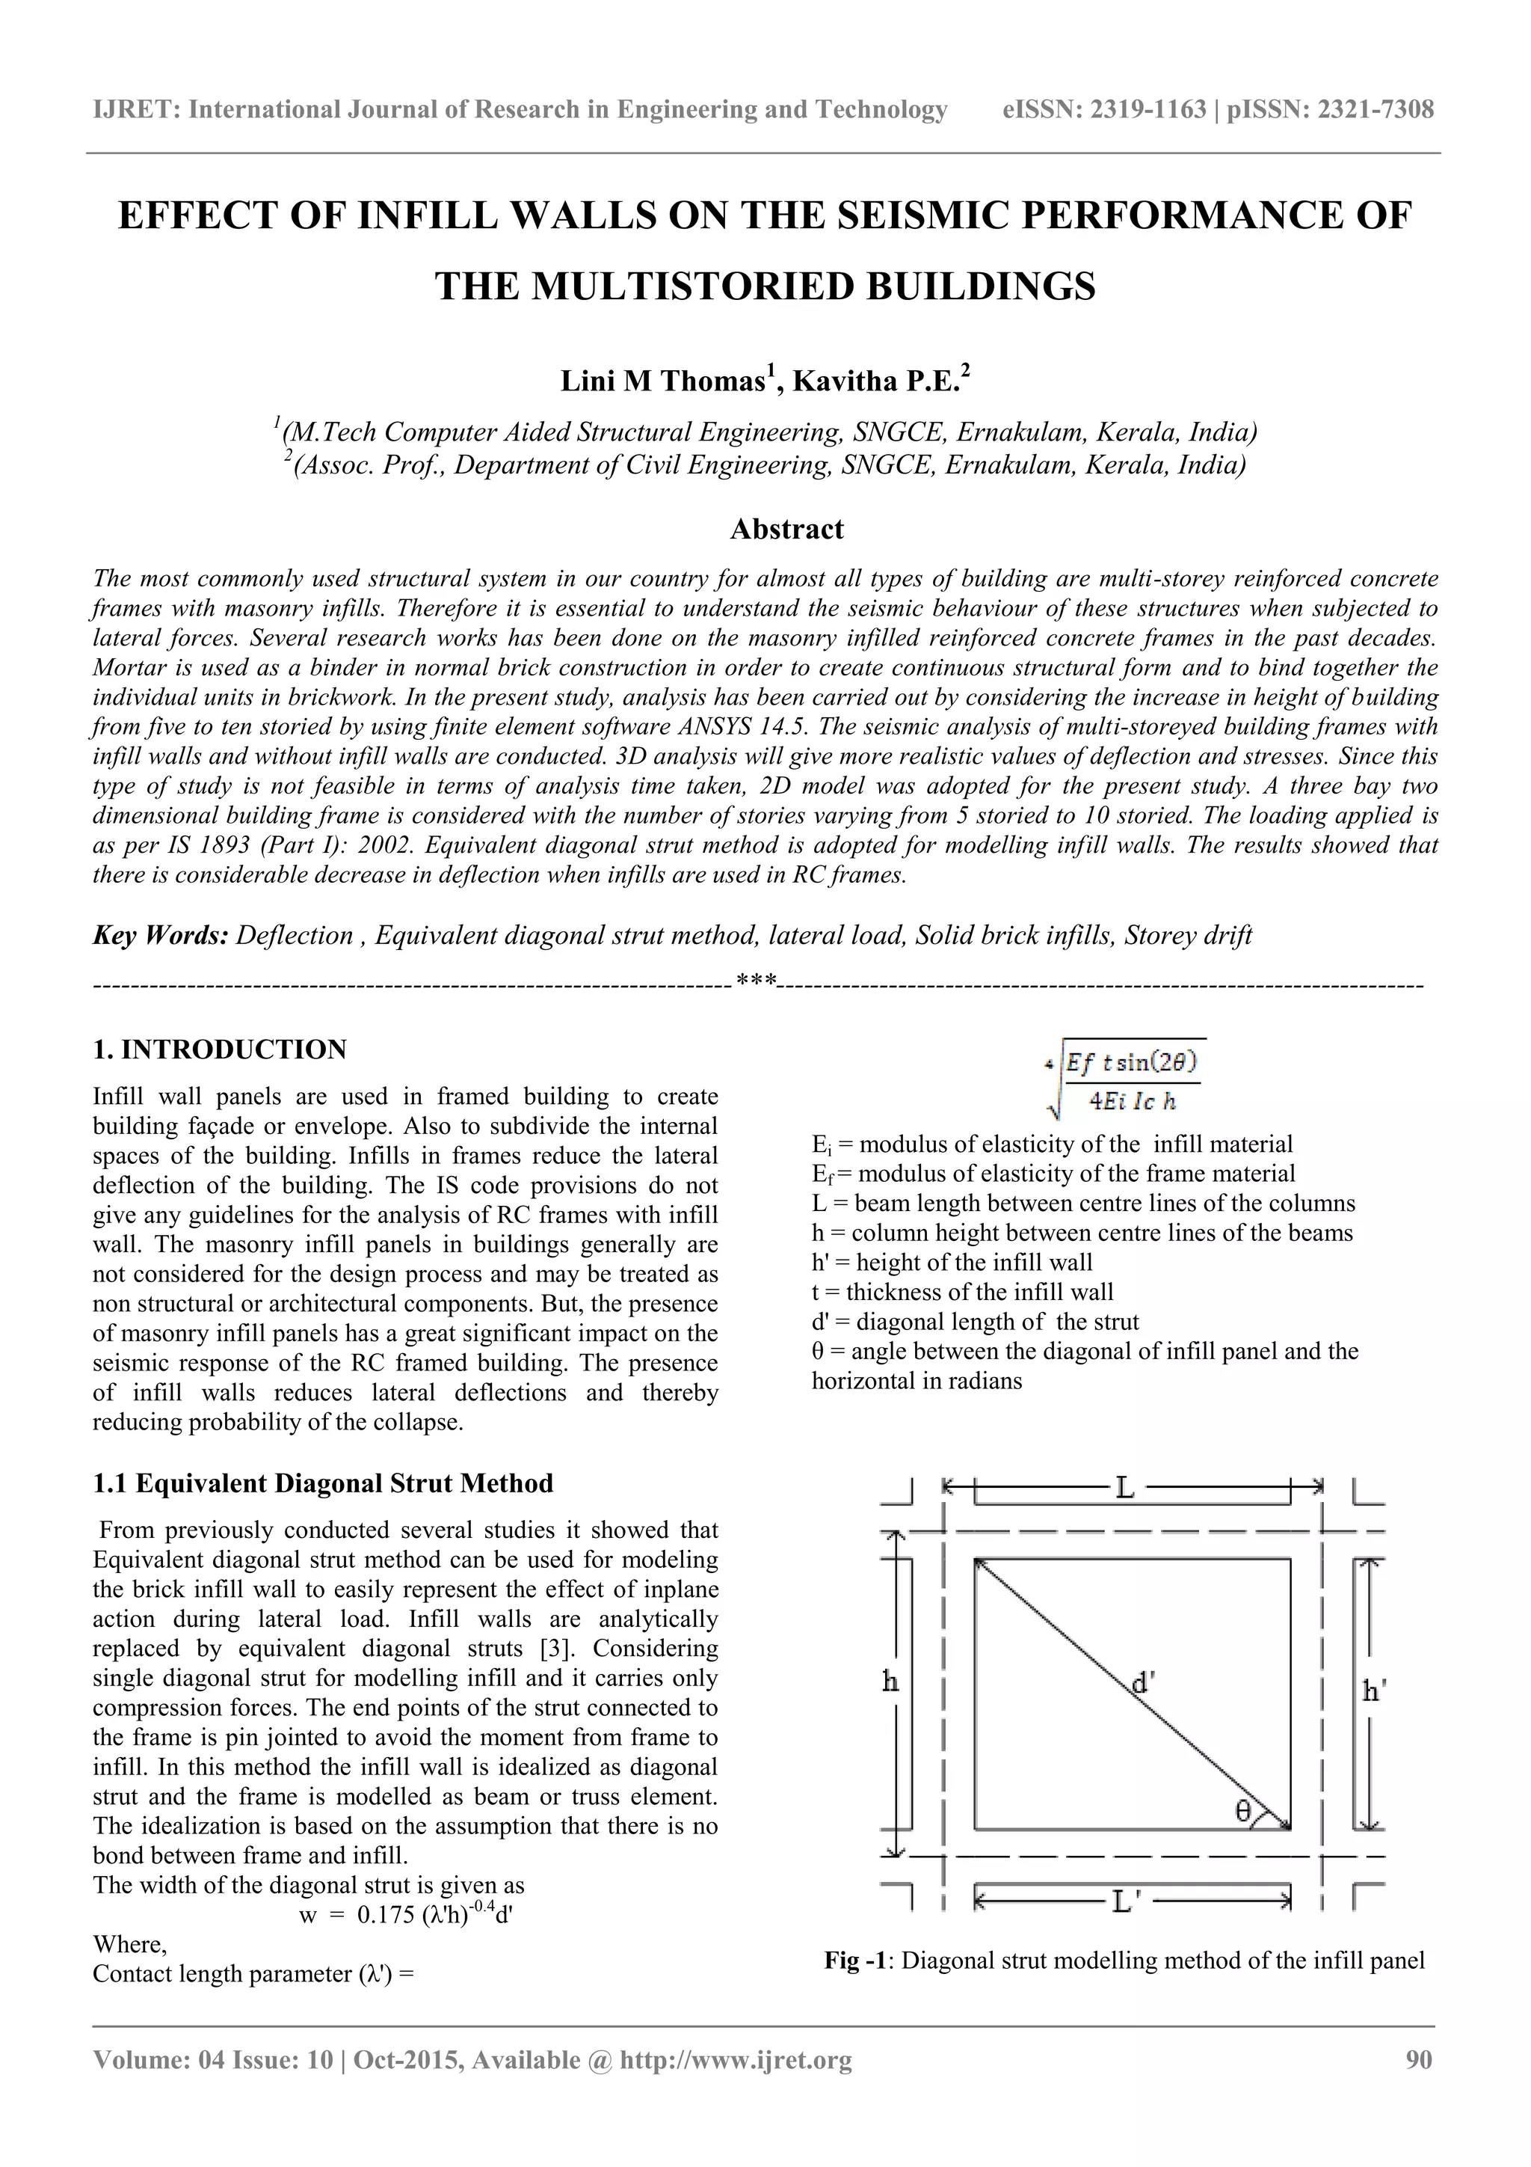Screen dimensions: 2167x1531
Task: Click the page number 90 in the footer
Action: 1418,2059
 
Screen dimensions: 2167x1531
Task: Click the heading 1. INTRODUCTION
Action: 220,1049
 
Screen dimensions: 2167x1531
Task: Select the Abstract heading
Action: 786,529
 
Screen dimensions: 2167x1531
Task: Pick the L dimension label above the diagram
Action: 1124,1489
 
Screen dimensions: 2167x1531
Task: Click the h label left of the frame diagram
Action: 890,1681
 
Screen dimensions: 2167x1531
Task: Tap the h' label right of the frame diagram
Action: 1373,1691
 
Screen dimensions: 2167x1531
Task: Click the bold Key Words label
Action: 161,935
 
